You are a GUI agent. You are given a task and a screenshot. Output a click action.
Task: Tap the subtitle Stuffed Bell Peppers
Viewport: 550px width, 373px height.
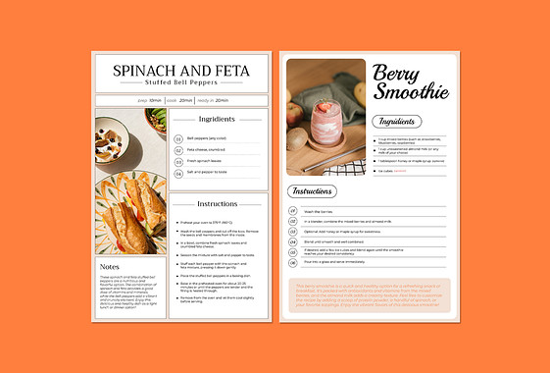tap(181, 82)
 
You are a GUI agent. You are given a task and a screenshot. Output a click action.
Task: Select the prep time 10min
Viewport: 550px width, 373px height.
tap(155, 100)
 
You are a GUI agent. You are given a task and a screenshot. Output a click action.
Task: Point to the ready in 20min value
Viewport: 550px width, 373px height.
tap(222, 100)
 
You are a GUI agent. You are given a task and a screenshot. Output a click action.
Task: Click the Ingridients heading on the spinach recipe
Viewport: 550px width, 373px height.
tap(217, 119)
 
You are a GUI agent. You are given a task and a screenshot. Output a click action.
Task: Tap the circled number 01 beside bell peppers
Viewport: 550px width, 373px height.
tap(177, 139)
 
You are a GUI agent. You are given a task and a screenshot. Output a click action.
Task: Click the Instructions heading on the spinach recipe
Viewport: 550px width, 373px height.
tap(217, 204)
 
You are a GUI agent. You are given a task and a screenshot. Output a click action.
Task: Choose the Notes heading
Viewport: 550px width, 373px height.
tap(110, 266)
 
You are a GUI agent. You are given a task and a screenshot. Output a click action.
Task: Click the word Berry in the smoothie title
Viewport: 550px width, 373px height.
tap(399, 71)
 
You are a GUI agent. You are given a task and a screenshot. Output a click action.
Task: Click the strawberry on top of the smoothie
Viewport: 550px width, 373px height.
tap(324, 105)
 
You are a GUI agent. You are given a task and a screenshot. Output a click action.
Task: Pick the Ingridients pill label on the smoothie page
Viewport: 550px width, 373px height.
tap(397, 122)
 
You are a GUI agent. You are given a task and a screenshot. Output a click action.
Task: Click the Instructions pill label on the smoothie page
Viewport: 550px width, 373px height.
tap(312, 191)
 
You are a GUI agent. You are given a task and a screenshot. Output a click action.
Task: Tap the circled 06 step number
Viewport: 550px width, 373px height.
tap(293, 263)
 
